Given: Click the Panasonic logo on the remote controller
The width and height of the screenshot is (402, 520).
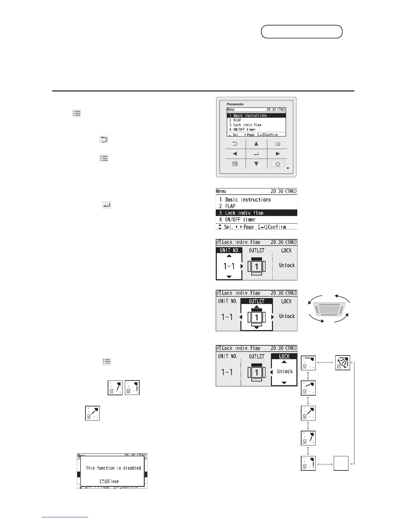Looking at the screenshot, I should (235, 104).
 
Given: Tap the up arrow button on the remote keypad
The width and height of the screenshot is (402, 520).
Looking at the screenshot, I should (256, 143).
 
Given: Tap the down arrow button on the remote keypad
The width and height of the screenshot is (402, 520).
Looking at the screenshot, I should (256, 164).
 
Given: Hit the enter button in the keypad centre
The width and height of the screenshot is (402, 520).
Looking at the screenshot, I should (256, 154).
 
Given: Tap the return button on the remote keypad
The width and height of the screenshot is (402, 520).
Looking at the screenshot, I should (235, 143).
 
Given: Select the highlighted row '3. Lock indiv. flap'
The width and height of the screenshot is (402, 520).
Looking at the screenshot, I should (256, 213).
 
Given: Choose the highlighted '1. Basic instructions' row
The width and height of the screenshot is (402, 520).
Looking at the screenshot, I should (256, 116).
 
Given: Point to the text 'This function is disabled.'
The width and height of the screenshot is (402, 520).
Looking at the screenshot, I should (114, 468).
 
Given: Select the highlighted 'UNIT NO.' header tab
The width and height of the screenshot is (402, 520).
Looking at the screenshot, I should (229, 250).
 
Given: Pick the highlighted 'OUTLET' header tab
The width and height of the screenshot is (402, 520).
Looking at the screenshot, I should (257, 301).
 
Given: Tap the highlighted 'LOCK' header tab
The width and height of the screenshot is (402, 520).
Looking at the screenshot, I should (284, 357).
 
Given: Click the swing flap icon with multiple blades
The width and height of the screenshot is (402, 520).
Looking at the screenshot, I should (343, 363).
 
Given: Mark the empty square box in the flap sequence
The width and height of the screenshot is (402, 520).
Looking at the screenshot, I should (341, 464).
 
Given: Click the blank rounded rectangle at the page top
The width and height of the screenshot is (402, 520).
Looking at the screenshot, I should (301, 32).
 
